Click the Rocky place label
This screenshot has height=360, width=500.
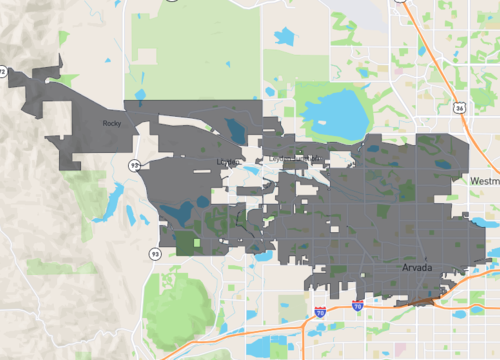[111, 123]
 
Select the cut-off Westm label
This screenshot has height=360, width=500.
[483, 180]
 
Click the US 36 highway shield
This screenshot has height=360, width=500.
[459, 105]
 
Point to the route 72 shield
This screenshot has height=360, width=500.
[4, 72]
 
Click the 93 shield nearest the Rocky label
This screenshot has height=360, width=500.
[133, 163]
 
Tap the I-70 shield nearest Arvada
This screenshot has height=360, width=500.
[357, 306]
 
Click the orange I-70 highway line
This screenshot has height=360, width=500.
[250, 329]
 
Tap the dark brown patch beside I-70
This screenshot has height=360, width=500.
[425, 296]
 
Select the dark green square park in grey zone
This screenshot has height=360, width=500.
[186, 241]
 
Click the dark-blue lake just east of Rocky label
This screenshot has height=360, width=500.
[236, 130]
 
